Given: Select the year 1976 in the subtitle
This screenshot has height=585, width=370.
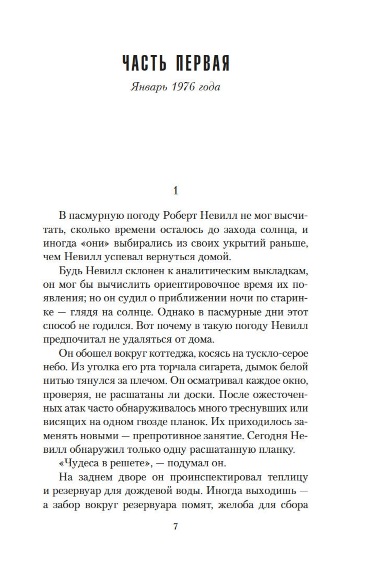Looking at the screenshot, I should click(183, 87).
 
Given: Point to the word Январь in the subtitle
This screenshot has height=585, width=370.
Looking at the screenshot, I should click(149, 87).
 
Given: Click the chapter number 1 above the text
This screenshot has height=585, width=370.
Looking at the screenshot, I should click(175, 191).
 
